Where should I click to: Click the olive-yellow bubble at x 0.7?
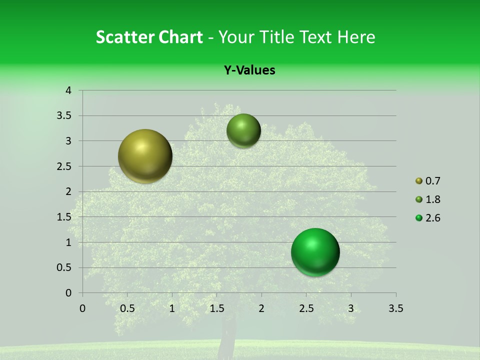(145, 156)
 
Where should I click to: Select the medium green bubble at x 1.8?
(243, 130)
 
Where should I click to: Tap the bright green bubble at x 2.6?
(315, 252)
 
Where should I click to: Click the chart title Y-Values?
(249, 70)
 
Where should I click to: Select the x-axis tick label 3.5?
(395, 308)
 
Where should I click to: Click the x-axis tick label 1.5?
(216, 308)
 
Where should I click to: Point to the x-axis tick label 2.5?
(306, 308)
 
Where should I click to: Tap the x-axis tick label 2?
(261, 308)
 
